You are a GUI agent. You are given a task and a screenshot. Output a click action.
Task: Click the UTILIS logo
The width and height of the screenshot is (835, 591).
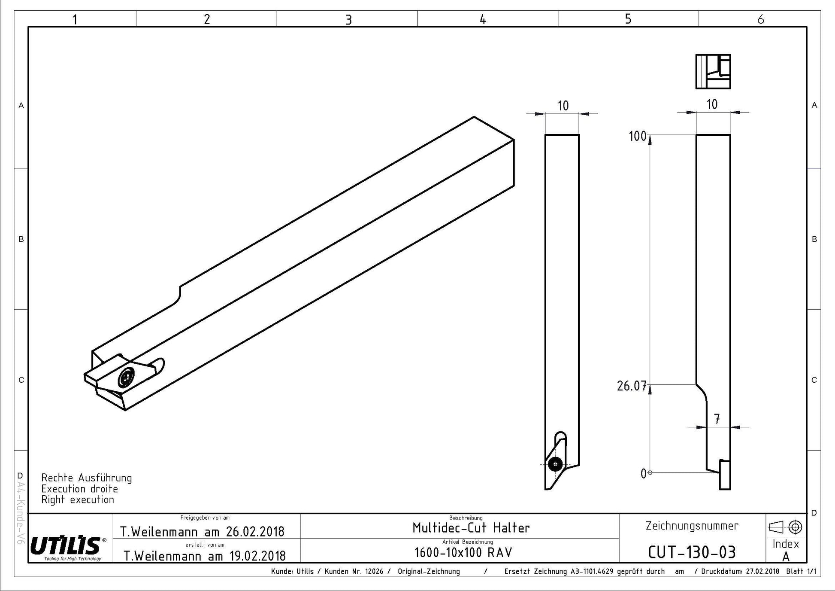tap(67, 546)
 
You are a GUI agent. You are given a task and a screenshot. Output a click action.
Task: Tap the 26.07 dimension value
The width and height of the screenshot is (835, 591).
tap(632, 386)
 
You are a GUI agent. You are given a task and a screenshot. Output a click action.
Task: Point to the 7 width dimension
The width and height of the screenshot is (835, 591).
tap(717, 419)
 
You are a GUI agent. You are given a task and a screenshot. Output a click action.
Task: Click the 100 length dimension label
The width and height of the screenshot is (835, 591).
tap(638, 136)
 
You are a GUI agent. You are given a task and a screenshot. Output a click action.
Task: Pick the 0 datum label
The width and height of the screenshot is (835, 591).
tap(643, 474)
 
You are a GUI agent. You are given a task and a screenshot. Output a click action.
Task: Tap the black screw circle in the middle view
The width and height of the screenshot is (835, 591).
tap(555, 464)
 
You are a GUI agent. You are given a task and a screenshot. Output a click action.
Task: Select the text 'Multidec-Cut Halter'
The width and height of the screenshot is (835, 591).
tap(471, 528)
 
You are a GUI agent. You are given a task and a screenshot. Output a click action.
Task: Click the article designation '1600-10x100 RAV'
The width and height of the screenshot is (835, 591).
tap(463, 552)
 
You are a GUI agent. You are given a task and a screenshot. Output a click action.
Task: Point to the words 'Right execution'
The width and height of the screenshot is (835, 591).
tap(78, 500)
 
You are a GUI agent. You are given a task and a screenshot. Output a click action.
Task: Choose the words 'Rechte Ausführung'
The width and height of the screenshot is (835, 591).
tap(87, 478)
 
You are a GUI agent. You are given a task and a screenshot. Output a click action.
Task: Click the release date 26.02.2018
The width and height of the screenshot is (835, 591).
tap(255, 532)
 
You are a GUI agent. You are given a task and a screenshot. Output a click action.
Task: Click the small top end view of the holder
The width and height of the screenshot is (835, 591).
tap(713, 72)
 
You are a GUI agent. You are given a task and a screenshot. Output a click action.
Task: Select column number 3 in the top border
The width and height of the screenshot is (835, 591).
tap(348, 20)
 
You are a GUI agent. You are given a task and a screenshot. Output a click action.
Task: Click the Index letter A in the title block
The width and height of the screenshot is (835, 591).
tap(786, 557)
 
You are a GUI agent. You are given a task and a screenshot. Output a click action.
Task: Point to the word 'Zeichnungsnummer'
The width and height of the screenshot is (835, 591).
tap(692, 526)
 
